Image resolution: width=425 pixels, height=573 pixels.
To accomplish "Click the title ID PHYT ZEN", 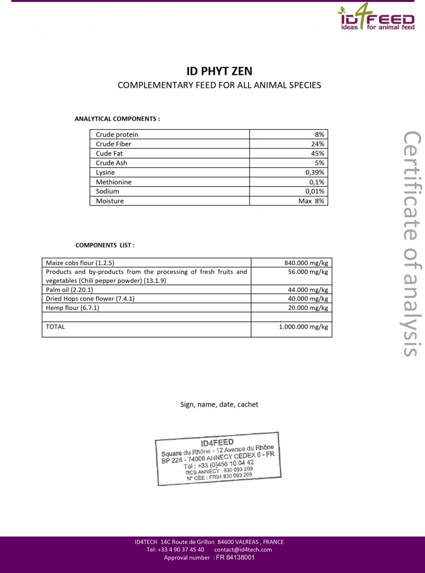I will [x=219, y=71].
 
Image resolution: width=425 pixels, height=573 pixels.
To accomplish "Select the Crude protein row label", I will [x=117, y=135].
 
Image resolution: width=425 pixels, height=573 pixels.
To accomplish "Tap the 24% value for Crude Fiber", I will [x=318, y=144].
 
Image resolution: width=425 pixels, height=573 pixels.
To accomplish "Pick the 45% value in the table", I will [x=318, y=154].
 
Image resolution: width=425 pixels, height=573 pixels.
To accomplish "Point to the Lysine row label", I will [x=105, y=172].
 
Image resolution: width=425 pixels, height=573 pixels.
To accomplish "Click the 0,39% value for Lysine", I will [x=315, y=172].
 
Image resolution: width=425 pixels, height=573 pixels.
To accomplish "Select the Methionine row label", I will [x=113, y=182].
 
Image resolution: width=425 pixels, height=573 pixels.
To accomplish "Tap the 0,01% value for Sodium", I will [x=315, y=191].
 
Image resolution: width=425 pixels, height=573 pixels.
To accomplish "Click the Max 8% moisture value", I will [x=311, y=201].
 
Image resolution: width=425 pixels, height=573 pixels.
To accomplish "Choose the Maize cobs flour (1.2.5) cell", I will [x=80, y=263].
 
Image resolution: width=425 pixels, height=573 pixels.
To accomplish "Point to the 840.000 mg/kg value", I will [x=306, y=263].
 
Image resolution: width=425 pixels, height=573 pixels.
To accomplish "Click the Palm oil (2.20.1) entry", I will [x=69, y=290].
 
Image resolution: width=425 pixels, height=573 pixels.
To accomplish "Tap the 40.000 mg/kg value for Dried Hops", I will [x=308, y=299].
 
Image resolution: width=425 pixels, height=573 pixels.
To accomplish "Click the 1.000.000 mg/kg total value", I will [x=303, y=327].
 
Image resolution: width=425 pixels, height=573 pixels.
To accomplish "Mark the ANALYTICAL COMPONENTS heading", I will [x=117, y=119].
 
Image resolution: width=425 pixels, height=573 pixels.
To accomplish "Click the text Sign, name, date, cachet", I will [x=219, y=404].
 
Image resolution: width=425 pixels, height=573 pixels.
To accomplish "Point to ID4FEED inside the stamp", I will [x=217, y=443].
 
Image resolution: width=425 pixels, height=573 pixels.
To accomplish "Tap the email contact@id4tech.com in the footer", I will [x=243, y=550].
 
